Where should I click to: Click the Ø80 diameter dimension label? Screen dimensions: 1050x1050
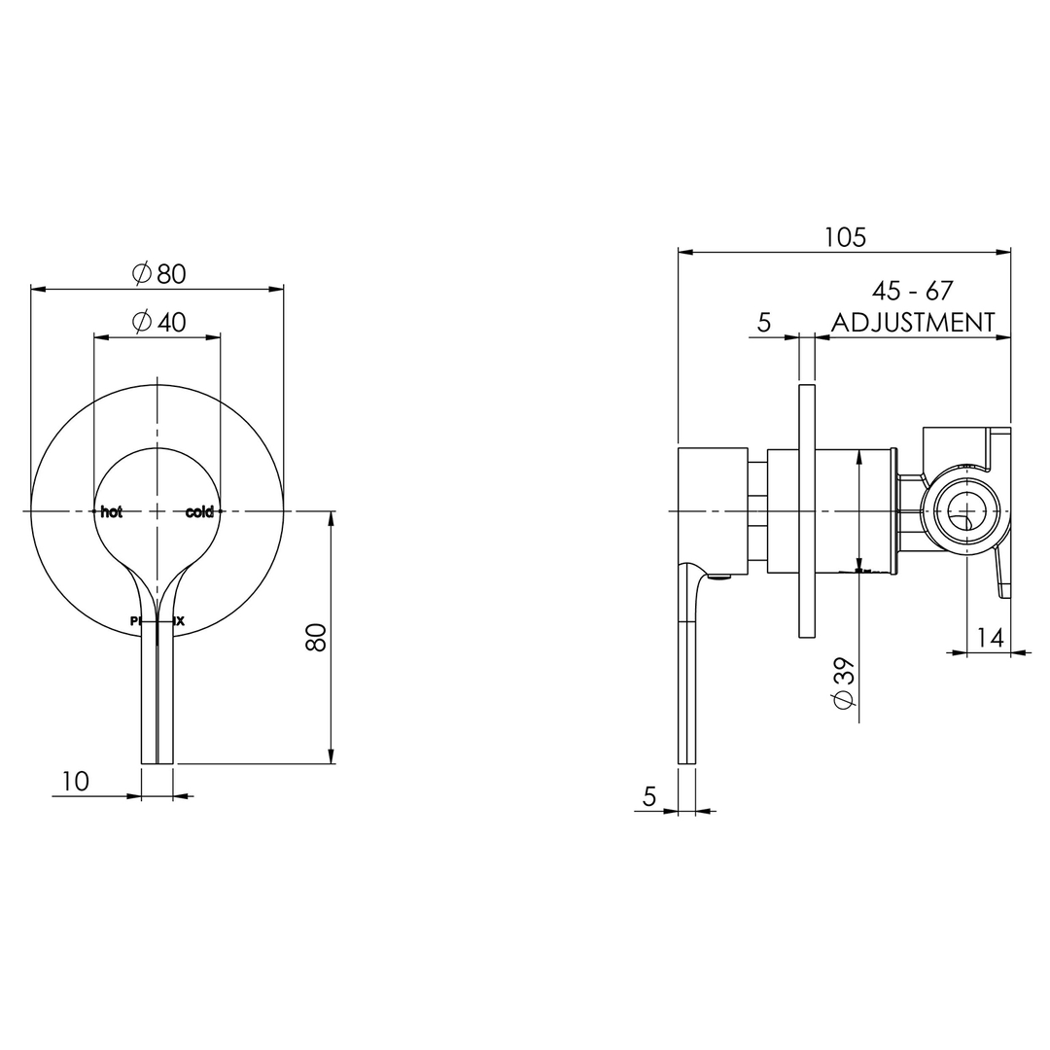[158, 274]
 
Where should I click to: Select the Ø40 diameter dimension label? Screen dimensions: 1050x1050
[158, 322]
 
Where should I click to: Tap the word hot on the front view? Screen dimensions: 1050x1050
[112, 512]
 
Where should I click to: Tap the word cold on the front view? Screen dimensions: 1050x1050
[199, 512]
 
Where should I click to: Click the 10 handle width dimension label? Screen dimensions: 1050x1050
[76, 781]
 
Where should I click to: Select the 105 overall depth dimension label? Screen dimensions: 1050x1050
[844, 237]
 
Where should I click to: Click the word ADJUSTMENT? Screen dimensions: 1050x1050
[913, 323]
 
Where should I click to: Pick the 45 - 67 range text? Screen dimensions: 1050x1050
[912, 291]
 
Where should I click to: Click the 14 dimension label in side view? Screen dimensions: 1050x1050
[990, 638]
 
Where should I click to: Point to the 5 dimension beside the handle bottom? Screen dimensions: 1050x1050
[649, 796]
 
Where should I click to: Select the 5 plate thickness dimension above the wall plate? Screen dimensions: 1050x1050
[764, 323]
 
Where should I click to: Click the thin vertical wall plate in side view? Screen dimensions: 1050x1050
[806, 511]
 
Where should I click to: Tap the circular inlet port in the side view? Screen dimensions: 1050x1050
[966, 511]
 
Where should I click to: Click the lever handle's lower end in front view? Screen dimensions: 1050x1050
[157, 749]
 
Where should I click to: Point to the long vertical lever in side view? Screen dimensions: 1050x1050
[686, 681]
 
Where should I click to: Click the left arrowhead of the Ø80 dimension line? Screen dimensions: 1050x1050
[38, 289]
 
